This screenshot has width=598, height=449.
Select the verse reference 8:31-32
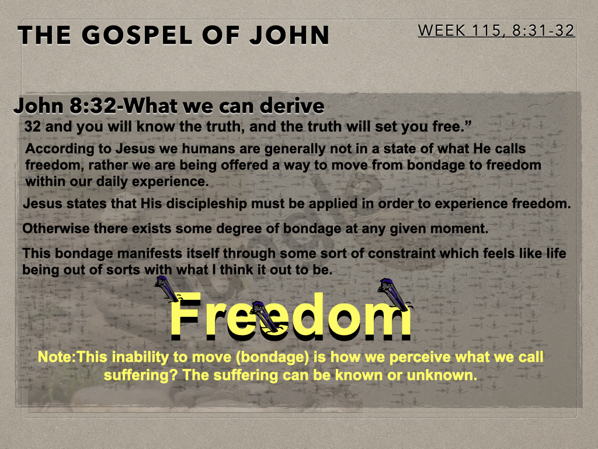[x=544, y=30]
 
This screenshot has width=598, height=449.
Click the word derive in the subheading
[x=292, y=106]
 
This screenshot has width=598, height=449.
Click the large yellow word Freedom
[x=290, y=316]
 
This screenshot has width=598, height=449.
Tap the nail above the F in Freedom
[x=167, y=288]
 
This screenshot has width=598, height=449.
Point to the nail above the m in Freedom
[x=394, y=293]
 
